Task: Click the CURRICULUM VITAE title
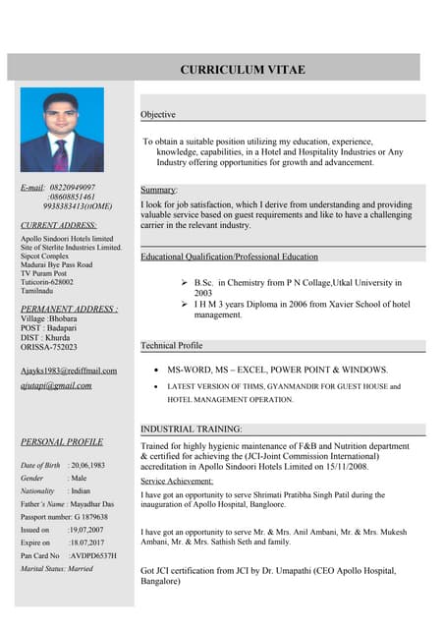[242, 69]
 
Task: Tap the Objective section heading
[157, 115]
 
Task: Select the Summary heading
[158, 189]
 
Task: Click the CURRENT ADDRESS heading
[58, 225]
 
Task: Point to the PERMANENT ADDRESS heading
[69, 309]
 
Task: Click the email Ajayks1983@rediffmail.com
[69, 371]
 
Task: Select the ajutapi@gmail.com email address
[56, 385]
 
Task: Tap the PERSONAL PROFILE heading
[62, 441]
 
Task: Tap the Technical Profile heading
[171, 346]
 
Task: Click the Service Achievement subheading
[177, 481]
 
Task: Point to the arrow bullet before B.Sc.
[185, 281]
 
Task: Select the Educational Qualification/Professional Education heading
[229, 257]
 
